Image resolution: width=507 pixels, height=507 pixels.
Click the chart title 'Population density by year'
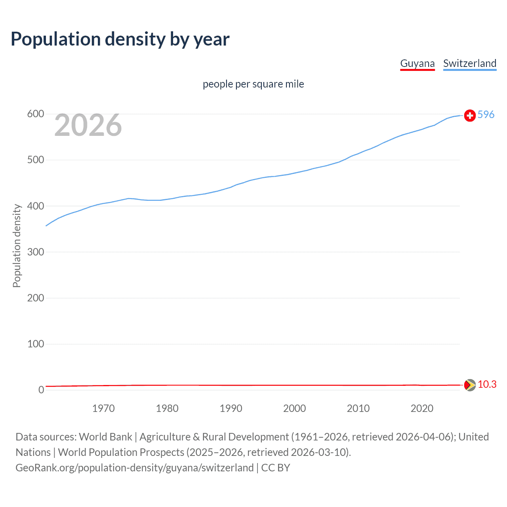point(120,39)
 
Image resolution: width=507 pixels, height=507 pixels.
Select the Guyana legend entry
point(417,63)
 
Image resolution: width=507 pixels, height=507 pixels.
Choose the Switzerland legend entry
point(469,63)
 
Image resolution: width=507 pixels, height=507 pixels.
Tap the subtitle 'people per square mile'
point(253,84)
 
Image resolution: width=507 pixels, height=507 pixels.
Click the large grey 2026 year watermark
point(88,125)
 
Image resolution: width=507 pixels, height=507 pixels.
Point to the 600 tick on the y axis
point(35,114)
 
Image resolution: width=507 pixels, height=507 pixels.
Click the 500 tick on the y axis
point(35,160)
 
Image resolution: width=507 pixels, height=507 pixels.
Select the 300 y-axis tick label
point(35,252)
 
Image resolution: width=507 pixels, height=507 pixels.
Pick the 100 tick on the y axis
point(35,344)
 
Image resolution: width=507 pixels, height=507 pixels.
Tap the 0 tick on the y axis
point(41,390)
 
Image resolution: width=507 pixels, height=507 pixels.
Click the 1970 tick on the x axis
point(103,408)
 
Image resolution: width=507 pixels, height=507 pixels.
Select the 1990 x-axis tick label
point(231,408)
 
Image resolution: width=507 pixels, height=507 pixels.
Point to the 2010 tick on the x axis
point(358,408)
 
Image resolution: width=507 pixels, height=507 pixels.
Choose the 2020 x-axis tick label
point(422,408)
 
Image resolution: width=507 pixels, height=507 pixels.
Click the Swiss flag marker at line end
point(470,115)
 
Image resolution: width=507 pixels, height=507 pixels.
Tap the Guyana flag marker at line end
point(470,385)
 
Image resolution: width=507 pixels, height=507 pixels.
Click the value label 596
point(486,114)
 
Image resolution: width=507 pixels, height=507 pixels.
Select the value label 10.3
point(487,385)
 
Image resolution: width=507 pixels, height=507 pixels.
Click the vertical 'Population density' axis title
point(17,246)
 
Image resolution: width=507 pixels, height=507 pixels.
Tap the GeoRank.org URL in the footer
point(135,468)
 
